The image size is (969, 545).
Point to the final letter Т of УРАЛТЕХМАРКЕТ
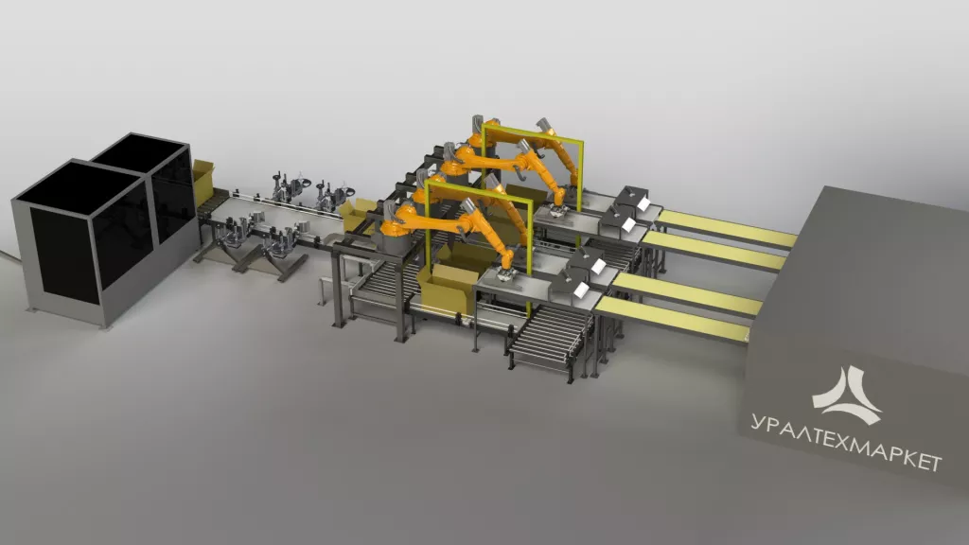934,463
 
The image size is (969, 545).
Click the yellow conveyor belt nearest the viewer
675,319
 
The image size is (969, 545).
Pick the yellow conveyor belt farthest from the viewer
727,228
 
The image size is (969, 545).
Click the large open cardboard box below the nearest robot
447,288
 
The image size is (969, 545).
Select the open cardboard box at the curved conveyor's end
358,216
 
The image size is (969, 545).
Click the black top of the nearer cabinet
80,186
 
